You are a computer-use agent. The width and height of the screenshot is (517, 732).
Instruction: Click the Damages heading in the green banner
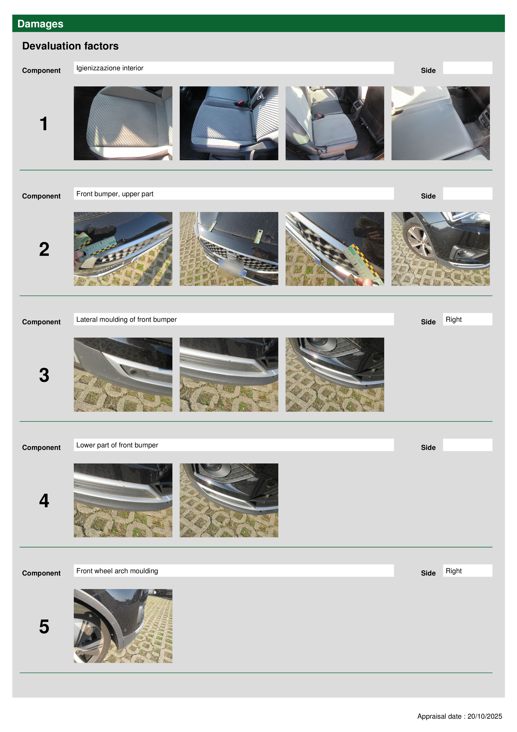(40, 24)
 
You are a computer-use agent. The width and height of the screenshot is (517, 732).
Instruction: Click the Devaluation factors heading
(70, 46)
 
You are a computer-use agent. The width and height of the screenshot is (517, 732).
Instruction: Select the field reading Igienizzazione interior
(233, 68)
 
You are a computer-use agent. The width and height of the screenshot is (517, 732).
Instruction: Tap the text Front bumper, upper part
(115, 194)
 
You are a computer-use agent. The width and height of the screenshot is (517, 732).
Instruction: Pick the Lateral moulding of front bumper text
(127, 319)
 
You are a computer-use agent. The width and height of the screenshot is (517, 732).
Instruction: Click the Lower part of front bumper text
(117, 445)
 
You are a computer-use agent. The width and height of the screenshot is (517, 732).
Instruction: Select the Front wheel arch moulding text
(117, 571)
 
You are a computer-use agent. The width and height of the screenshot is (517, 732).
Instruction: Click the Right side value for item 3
(454, 319)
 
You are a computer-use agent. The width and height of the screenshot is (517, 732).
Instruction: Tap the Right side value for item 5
(454, 571)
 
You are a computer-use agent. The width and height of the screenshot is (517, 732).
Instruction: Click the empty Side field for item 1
(468, 68)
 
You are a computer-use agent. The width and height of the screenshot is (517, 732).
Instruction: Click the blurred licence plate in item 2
(231, 267)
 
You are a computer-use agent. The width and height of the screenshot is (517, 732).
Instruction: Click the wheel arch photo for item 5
(123, 626)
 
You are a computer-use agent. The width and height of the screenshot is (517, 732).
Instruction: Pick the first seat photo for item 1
(123, 123)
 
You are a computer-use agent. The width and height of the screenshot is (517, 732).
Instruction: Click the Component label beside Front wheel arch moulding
(41, 573)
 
